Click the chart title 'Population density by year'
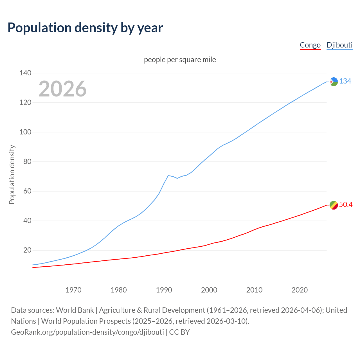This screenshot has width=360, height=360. click(85, 28)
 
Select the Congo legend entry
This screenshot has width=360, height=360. click(310, 45)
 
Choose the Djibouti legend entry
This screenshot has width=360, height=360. click(339, 45)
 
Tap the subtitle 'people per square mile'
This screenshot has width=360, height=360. click(180, 60)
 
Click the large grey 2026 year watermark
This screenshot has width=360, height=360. click(62, 89)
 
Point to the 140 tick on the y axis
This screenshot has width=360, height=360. click(25, 73)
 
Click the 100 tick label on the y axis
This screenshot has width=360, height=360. click(25, 132)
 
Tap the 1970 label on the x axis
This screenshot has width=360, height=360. click(73, 290)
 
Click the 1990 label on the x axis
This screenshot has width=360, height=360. click(164, 290)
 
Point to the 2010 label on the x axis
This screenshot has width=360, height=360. click(254, 290)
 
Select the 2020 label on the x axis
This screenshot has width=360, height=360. click(300, 290)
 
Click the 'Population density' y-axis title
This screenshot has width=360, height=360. click(12, 174)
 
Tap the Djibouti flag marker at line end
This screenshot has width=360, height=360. click(334, 82)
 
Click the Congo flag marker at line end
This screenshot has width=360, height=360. click(334, 205)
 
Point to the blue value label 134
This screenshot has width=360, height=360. click(345, 81)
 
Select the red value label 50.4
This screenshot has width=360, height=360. click(346, 205)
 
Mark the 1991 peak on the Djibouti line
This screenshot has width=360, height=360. click(168, 175)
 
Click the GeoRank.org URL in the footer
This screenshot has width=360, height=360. click(87, 332)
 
